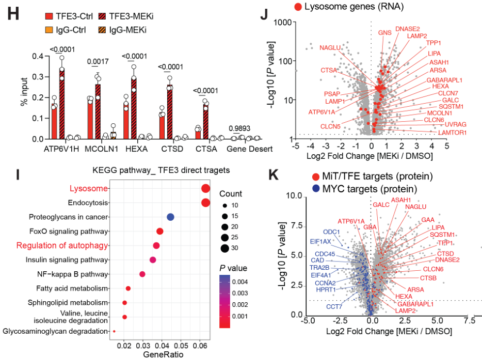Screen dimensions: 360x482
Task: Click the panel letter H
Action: (x=12, y=14)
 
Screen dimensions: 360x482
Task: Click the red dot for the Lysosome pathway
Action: (x=205, y=189)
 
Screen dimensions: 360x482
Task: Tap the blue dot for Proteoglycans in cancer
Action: (x=170, y=217)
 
